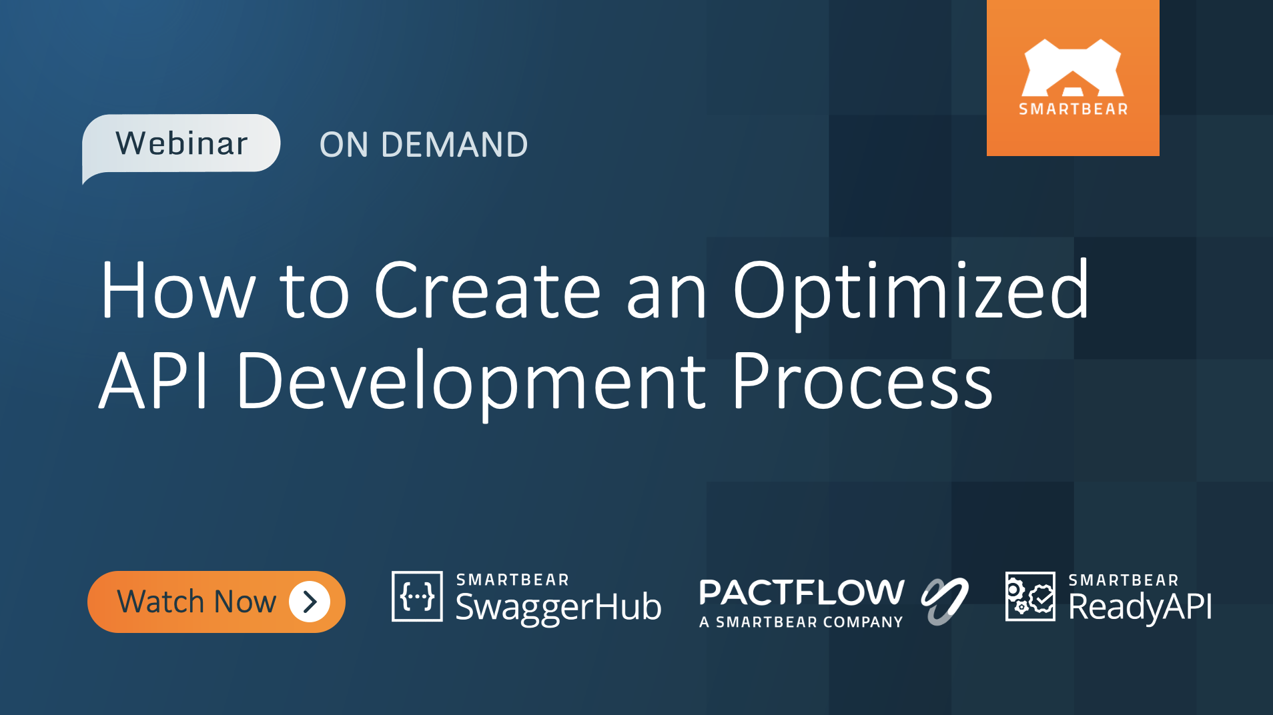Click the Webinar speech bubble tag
pos(181,143)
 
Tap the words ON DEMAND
pos(423,145)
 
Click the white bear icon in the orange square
pos(1072,68)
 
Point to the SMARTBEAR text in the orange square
pos(1073,109)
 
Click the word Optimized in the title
pos(911,291)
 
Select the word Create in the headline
pos(488,291)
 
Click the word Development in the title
pos(471,382)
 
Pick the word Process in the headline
pos(862,382)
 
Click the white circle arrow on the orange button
pos(310,602)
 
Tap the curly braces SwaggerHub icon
pos(417,596)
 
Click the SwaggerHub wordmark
pos(558,608)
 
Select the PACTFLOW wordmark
pos(801,592)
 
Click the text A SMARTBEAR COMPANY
pos(801,622)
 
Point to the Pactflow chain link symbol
pos(944,600)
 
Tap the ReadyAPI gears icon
pos(1030,596)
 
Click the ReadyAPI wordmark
pos(1140,608)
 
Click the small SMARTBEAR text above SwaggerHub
pos(512,580)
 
